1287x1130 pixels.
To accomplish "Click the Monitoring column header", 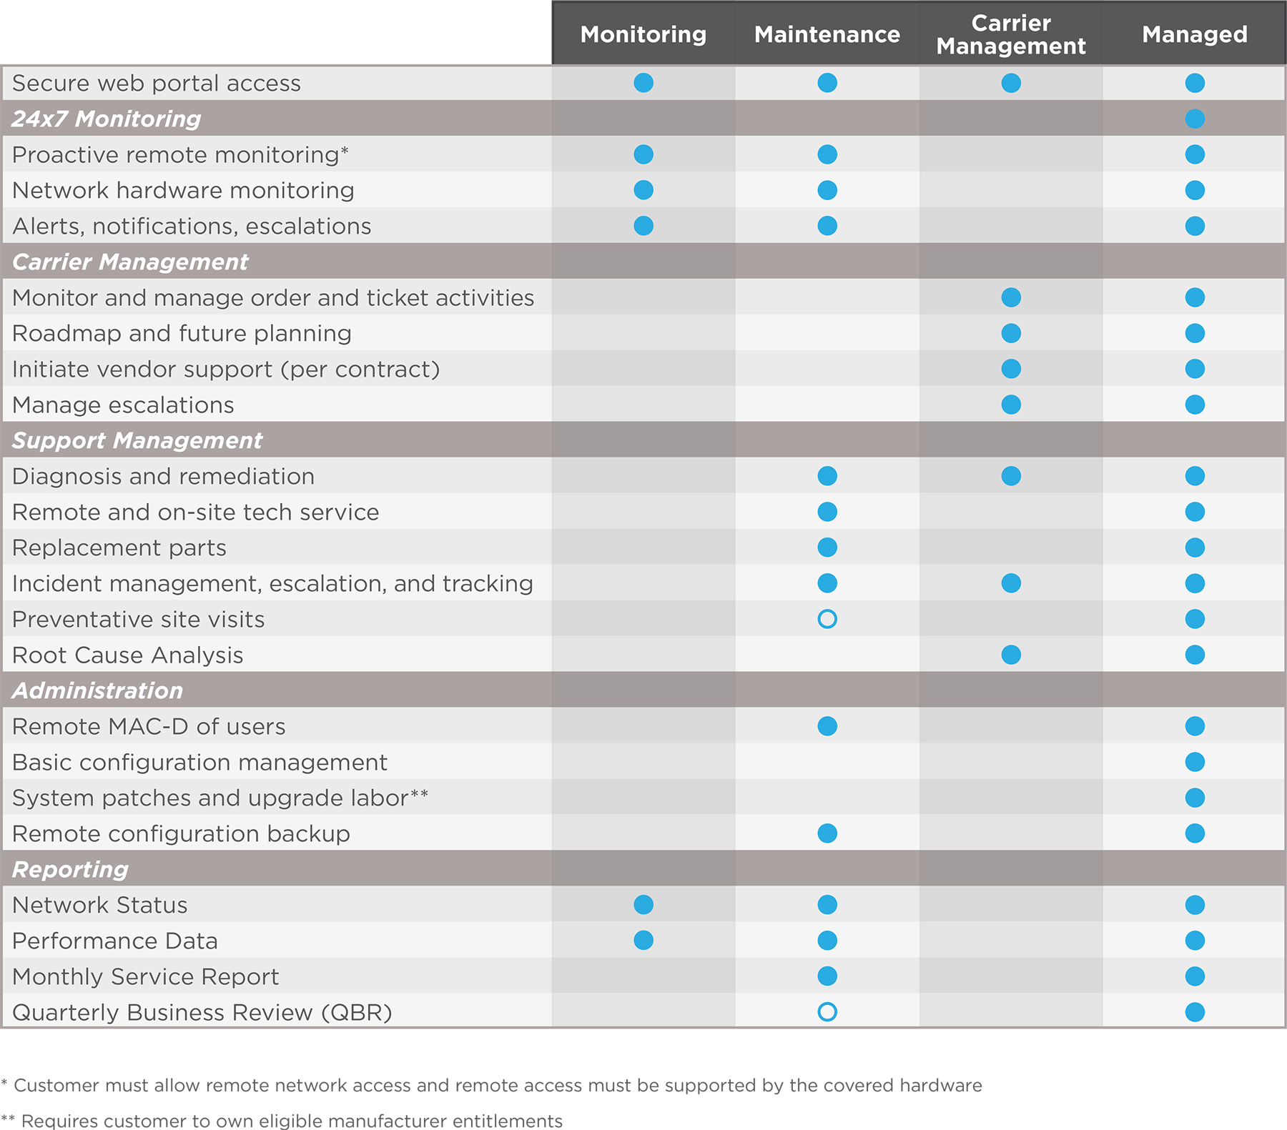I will click(643, 34).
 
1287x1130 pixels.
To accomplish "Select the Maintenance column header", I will click(827, 34).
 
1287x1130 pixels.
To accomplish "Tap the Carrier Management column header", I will click(1010, 34).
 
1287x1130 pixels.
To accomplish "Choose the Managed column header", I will click(1194, 34).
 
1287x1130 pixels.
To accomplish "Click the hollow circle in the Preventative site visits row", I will click(827, 619).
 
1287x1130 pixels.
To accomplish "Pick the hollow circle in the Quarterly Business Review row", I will click(827, 1012).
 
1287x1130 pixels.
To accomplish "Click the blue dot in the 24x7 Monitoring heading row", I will click(1195, 119).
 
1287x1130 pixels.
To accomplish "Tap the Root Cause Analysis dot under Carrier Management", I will click(1011, 655).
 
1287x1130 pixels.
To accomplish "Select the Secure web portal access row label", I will click(157, 83).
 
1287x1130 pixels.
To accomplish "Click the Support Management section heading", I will click(137, 440).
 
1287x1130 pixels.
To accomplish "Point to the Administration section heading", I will click(97, 690).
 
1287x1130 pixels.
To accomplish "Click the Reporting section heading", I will click(70, 869).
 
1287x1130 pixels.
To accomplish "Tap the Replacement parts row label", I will click(119, 547).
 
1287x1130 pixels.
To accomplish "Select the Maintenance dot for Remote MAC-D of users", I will click(827, 726).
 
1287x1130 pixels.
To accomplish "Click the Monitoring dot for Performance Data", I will click(643, 941).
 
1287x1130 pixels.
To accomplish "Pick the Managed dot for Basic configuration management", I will click(1195, 762).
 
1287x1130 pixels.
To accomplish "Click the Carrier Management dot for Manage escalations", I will click(1011, 405).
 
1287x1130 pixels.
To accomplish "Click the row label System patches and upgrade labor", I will click(220, 798).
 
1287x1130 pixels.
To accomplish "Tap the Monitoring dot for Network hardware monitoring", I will click(643, 190).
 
